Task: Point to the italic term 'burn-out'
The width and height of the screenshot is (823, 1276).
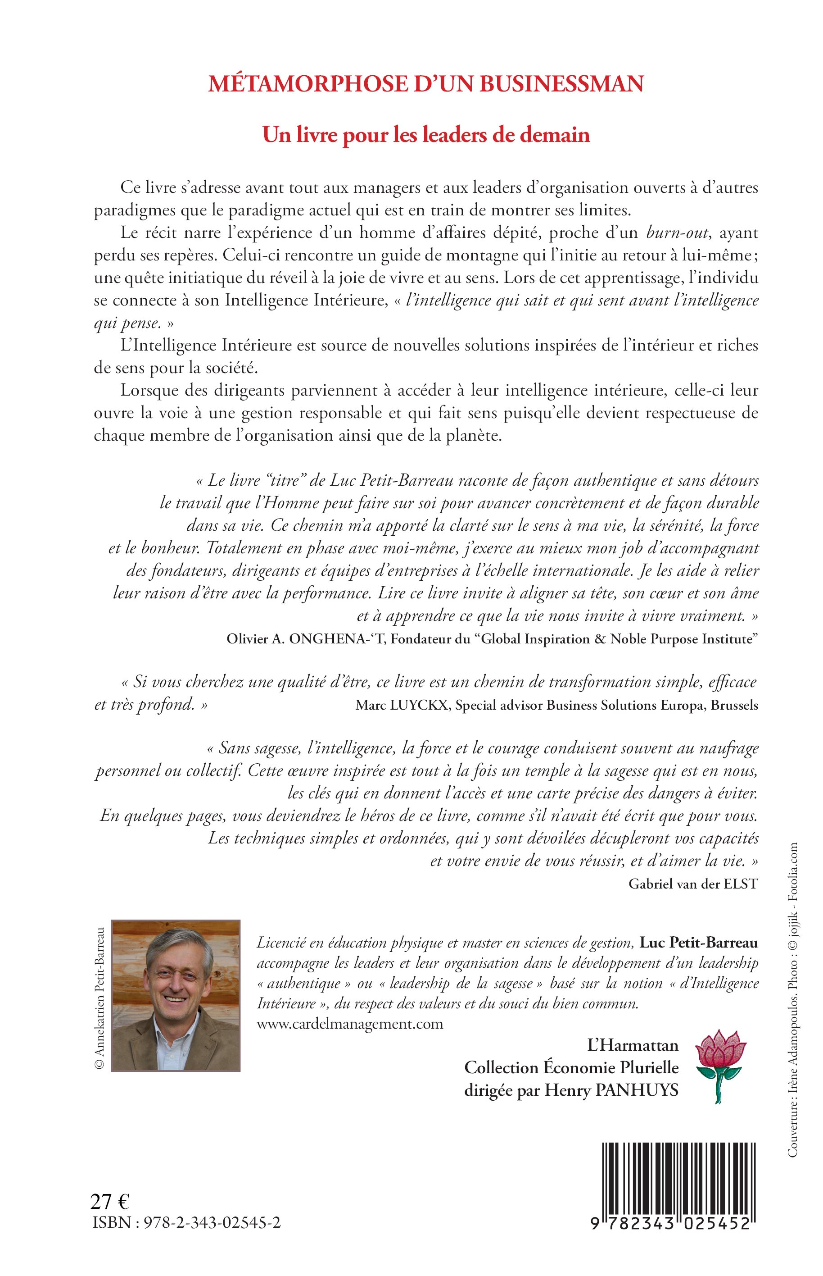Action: (x=678, y=232)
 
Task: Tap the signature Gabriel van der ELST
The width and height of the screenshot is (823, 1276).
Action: (x=693, y=884)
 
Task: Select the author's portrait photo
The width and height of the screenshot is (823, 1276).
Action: (x=176, y=995)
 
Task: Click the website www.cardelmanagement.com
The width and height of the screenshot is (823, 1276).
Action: (x=350, y=1024)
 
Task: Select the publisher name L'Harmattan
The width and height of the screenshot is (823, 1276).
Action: (x=633, y=1045)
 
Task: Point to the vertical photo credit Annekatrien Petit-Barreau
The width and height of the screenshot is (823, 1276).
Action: (x=99, y=995)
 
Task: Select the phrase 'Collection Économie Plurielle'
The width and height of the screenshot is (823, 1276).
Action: (x=571, y=1067)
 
